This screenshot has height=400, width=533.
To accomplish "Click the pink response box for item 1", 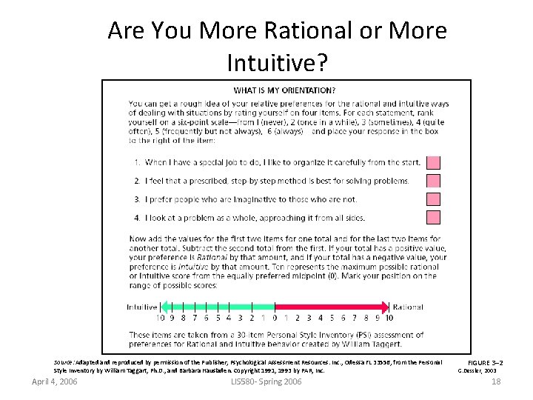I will tap(434, 162).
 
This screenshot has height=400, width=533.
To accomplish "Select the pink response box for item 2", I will tap(434, 181).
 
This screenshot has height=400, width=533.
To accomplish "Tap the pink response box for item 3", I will tap(434, 199).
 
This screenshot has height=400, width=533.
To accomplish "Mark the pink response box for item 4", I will tap(434, 217).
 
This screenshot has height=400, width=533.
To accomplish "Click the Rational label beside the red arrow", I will tap(409, 307).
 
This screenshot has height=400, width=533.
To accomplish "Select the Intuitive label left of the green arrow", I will tap(141, 307).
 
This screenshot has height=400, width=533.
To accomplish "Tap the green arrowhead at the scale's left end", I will tap(166, 306).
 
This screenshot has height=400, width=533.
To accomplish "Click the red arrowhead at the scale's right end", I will tap(384, 306).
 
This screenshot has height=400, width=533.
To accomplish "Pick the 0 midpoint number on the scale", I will tap(274, 318).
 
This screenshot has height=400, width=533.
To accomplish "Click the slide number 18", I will tap(496, 381).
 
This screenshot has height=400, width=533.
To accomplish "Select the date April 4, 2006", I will tap(54, 381).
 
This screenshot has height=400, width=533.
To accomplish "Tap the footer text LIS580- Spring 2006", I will tap(266, 381).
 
